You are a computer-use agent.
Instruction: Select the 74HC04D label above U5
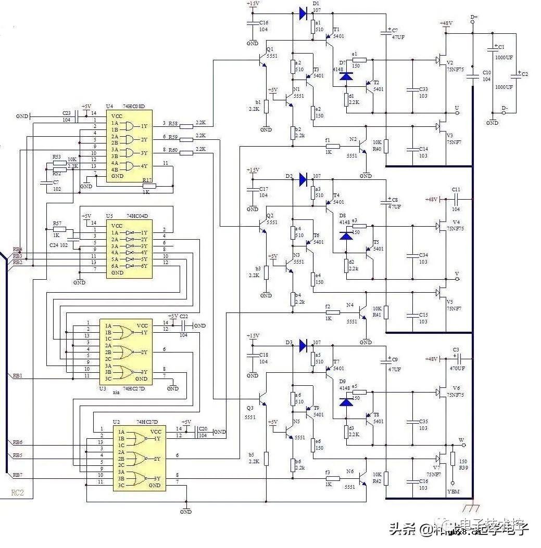pyautogui.click(x=137, y=216)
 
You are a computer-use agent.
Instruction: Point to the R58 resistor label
pyautogui.click(x=173, y=123)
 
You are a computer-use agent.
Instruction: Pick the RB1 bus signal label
pyautogui.click(x=17, y=375)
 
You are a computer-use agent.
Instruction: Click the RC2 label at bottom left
pyautogui.click(x=17, y=492)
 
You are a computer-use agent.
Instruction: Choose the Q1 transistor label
pyautogui.click(x=269, y=49)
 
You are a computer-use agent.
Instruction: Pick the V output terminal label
pyautogui.click(x=457, y=273)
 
